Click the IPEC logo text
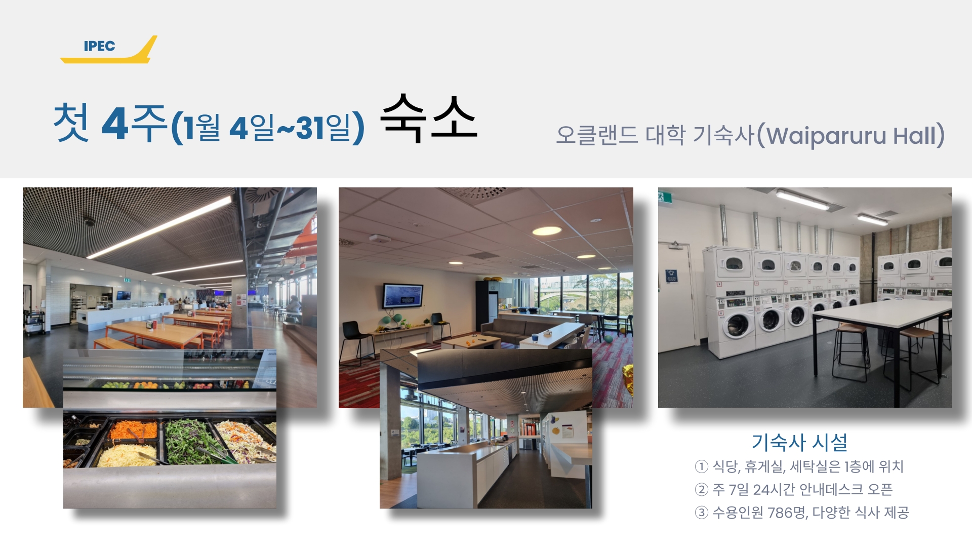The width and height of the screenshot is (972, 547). point(99,46)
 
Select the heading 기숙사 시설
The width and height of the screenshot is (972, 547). point(799,442)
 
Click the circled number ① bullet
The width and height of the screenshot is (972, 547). point(701,466)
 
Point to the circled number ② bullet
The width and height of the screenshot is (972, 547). point(701,490)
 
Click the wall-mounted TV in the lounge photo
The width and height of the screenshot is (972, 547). point(403,295)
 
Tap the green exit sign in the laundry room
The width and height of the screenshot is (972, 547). point(661,196)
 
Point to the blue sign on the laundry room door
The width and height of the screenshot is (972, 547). point(671,276)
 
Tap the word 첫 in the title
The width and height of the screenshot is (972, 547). point(71,122)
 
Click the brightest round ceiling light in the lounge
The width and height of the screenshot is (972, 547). point(547,231)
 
